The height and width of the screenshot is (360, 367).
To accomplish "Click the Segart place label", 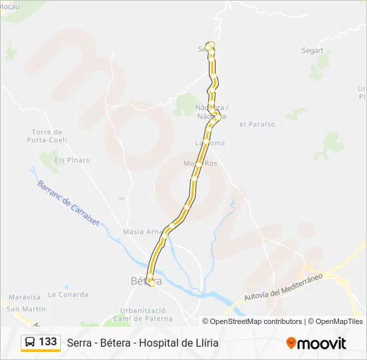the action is tap(312, 51).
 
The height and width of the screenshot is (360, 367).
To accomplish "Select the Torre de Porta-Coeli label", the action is tap(46, 136).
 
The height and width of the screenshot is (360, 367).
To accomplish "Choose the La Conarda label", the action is tap(68, 295).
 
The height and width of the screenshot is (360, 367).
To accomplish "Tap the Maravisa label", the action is tap(25, 297).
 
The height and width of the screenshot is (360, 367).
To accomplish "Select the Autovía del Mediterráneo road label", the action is tap(283, 286).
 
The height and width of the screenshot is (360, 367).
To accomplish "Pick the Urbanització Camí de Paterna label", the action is tap(142, 314).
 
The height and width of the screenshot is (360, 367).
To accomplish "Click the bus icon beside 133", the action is tap(30, 342).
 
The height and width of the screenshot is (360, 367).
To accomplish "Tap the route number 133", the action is tap(48, 342).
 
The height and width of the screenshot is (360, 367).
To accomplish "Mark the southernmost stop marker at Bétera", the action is tap(151, 283).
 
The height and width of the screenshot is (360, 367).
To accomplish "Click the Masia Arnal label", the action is tap(142, 232).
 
